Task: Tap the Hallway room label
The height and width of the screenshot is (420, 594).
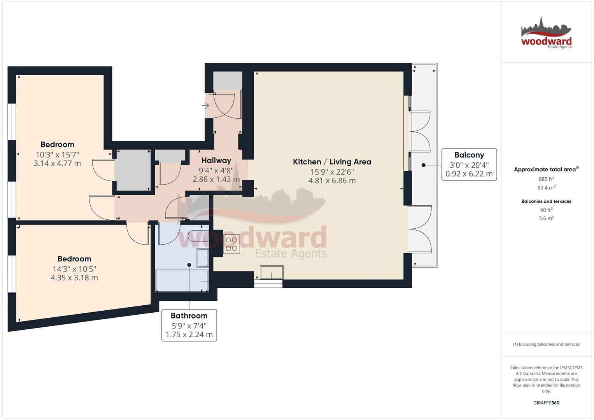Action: pyautogui.click(x=216, y=160)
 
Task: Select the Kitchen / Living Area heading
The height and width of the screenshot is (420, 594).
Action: pyautogui.click(x=332, y=162)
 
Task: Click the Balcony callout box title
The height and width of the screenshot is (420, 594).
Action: pyautogui.click(x=469, y=155)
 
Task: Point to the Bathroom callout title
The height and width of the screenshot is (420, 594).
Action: pyautogui.click(x=189, y=315)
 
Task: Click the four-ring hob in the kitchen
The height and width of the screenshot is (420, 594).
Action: pyautogui.click(x=231, y=244)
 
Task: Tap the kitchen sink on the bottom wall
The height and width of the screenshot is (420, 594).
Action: pyautogui.click(x=272, y=272)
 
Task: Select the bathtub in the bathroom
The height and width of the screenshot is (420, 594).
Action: pyautogui.click(x=182, y=281)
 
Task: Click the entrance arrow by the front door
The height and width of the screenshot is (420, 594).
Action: pyautogui.click(x=205, y=106)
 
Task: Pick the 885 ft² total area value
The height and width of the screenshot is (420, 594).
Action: pyautogui.click(x=546, y=179)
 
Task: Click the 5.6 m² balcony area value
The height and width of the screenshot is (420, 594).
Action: pyautogui.click(x=546, y=218)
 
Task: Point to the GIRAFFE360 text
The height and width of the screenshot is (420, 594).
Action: pyautogui.click(x=546, y=403)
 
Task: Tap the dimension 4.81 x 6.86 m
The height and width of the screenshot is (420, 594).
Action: pyautogui.click(x=332, y=180)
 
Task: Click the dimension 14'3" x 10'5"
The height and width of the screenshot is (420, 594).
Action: pyautogui.click(x=74, y=269)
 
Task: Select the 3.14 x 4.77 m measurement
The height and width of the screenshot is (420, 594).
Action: pyautogui.click(x=57, y=163)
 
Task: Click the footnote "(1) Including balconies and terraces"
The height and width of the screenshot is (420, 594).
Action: pyautogui.click(x=546, y=344)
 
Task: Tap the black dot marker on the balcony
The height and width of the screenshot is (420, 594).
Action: pyautogui.click(x=424, y=165)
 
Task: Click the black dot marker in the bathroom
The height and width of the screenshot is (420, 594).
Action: pyautogui.click(x=189, y=265)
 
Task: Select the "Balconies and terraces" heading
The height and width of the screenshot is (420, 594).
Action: pyautogui.click(x=546, y=201)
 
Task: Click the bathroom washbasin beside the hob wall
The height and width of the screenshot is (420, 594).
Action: pyautogui.click(x=203, y=258)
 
